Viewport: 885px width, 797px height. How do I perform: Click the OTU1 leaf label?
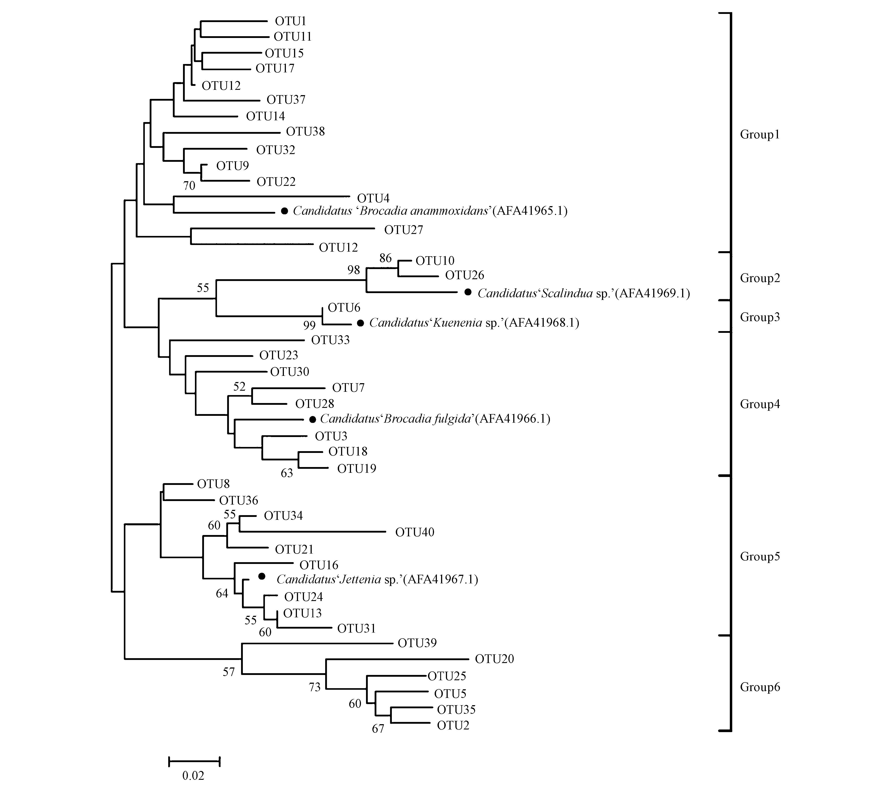tap(290, 21)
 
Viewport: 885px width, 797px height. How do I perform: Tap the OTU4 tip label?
tap(373, 198)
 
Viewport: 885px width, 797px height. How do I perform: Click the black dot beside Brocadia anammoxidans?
tap(284, 211)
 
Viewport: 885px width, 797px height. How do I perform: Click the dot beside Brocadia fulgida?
tap(312, 419)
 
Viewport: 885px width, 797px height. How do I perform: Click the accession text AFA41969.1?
tap(653, 293)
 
